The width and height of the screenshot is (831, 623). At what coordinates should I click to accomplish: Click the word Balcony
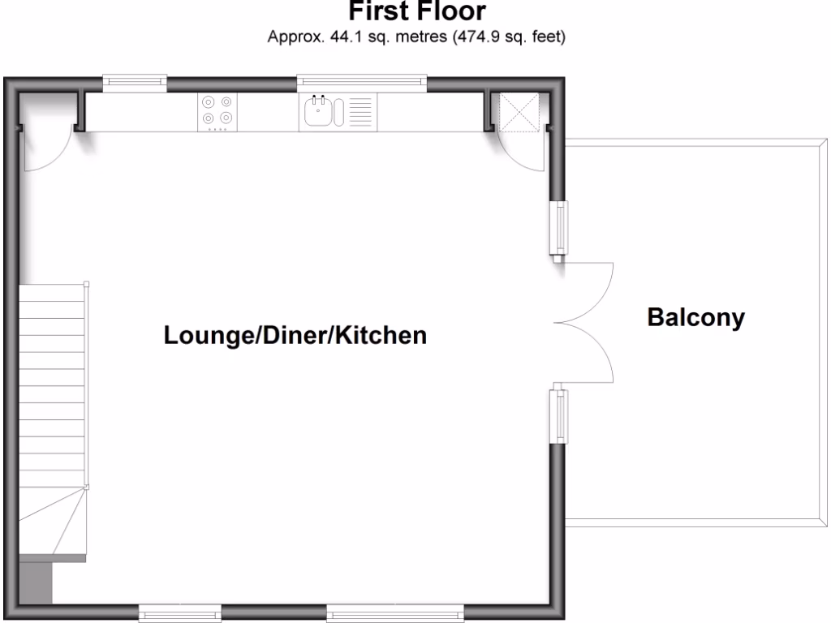[x=695, y=318]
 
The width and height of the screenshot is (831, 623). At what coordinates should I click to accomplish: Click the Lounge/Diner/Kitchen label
[x=295, y=335]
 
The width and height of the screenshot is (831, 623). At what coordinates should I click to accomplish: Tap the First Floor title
[x=417, y=11]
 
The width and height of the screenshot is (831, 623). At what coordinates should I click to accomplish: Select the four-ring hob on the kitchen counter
[x=217, y=111]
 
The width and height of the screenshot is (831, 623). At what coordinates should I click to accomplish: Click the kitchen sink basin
[x=319, y=112]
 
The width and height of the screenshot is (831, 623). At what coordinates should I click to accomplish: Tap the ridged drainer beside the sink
[x=361, y=112]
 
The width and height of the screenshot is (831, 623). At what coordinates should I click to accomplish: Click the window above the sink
[x=361, y=79]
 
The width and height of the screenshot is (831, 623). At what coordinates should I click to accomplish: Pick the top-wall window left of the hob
[x=135, y=79]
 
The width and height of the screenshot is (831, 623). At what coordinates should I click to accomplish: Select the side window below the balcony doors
[x=559, y=417]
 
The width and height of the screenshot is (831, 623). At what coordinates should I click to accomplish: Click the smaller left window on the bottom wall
[x=180, y=612]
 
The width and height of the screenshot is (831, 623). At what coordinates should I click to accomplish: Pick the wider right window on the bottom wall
[x=394, y=612]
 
